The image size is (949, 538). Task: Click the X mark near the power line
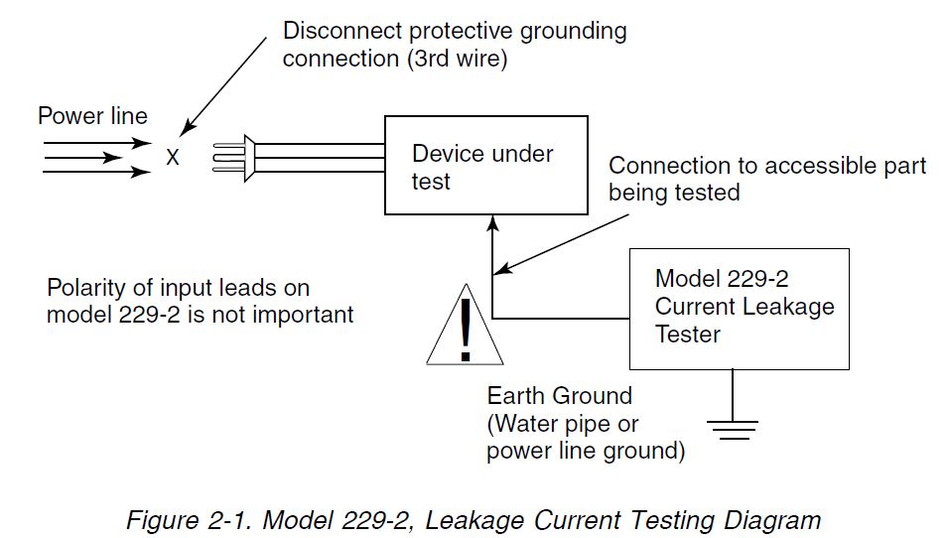[173, 158]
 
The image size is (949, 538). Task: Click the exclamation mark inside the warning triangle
[465, 331]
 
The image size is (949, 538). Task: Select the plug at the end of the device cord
[233, 158]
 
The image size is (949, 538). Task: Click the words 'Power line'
[92, 115]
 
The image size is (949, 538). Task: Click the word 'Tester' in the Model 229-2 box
[688, 335]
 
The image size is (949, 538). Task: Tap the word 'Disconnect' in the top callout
[342, 31]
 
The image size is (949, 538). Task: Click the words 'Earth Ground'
[560, 396]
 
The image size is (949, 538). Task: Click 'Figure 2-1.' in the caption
[189, 520]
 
